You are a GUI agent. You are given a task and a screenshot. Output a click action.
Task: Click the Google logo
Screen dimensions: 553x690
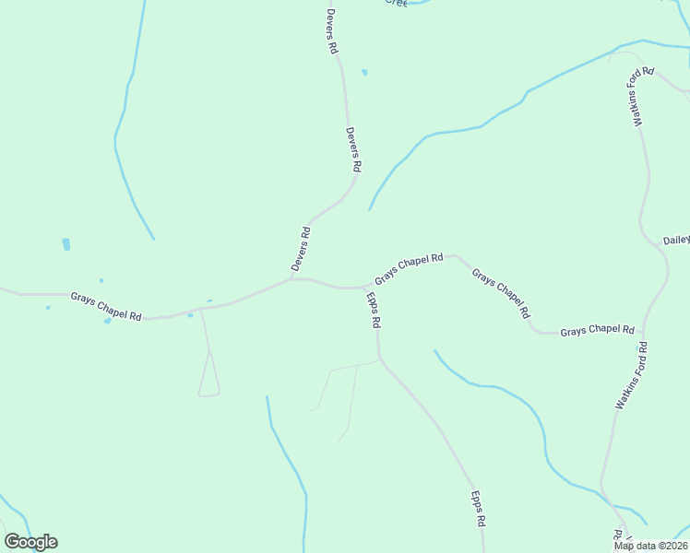30,542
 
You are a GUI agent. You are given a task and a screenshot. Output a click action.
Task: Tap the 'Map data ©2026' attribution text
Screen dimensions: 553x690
651,546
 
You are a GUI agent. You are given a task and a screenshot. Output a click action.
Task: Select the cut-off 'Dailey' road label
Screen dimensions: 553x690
677,240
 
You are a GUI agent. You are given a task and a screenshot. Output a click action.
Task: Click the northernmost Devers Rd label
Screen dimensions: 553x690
331,31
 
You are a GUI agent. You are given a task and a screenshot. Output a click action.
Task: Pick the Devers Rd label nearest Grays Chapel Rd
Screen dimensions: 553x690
301,249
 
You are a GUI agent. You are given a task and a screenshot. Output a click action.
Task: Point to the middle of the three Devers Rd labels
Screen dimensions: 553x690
352,150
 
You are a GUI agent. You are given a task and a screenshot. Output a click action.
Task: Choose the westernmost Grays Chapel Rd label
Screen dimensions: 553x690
106,306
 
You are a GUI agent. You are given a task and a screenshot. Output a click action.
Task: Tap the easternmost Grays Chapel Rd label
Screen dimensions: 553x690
598,330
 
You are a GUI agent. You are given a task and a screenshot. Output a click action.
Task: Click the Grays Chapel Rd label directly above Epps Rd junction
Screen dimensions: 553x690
409,269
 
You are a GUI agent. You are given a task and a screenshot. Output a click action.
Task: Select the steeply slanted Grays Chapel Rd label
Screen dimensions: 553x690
501,293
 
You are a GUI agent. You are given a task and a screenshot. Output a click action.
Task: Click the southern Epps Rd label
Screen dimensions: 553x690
479,509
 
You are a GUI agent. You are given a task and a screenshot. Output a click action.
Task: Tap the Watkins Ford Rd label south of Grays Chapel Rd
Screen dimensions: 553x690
632,375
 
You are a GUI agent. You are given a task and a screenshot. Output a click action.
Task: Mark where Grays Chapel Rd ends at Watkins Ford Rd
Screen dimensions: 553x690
644,330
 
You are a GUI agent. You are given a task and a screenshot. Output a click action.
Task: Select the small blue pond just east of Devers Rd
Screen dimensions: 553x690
364,72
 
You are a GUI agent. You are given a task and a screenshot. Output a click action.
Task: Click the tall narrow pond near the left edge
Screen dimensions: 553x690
65,244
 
